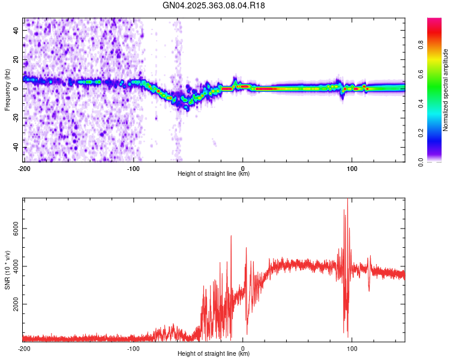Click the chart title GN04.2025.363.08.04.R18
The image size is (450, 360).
214,5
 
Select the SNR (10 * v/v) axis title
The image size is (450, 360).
7,269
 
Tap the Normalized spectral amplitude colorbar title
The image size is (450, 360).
445,90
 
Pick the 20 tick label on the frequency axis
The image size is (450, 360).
16,59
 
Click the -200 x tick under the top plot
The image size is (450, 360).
24,167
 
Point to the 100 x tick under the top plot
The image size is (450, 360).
352,167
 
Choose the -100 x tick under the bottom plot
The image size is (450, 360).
133,348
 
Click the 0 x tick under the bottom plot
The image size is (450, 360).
242,348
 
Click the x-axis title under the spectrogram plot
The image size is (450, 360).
214,173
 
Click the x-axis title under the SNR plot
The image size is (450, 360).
214,354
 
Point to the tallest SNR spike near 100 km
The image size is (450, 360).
347,200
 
